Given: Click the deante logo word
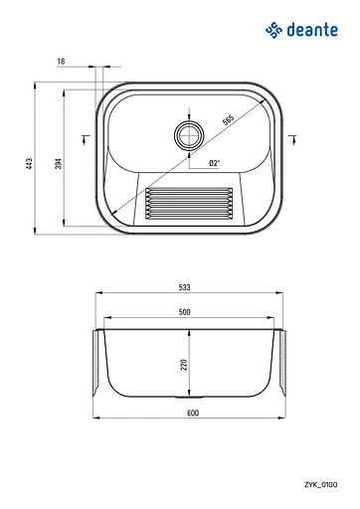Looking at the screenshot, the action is pyautogui.click(x=312, y=30).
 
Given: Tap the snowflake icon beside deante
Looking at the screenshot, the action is pyautogui.click(x=273, y=30).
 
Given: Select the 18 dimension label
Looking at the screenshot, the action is pyautogui.click(x=61, y=62).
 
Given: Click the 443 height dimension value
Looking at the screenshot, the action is pyautogui.click(x=30, y=164).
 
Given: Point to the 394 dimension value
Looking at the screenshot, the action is pyautogui.click(x=59, y=164).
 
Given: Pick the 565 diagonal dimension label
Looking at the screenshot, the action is pyautogui.click(x=228, y=119).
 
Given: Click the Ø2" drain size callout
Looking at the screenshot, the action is pyautogui.click(x=215, y=163).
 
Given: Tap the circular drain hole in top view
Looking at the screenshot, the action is pyautogui.click(x=189, y=135).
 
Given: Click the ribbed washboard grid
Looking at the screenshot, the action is pyautogui.click(x=189, y=203).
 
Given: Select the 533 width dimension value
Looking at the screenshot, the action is pyautogui.click(x=185, y=287).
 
